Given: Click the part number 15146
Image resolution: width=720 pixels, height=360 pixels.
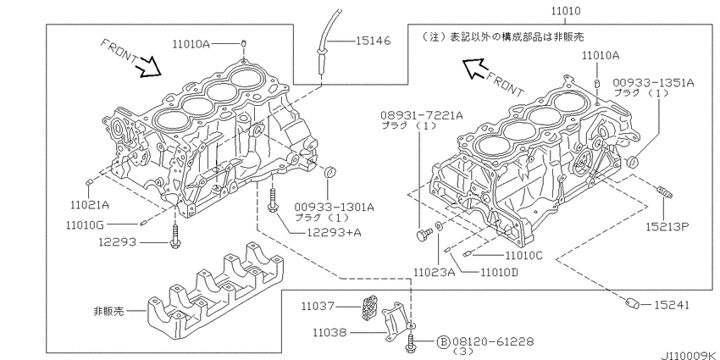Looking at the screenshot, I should click(373, 41).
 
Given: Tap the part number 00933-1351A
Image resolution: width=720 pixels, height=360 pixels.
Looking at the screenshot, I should click(654, 82).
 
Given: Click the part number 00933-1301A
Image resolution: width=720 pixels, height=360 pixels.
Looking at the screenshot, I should click(335, 206).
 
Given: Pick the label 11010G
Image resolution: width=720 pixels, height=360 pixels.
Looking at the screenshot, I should click(87, 225).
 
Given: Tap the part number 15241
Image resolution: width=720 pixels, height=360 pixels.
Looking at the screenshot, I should click(670, 303).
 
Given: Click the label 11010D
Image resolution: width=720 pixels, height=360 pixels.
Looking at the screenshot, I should click(499, 272).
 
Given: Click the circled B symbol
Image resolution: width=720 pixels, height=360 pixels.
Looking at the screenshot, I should click(441, 341).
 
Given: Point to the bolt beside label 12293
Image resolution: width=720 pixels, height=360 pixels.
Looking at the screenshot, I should click(174, 238).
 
